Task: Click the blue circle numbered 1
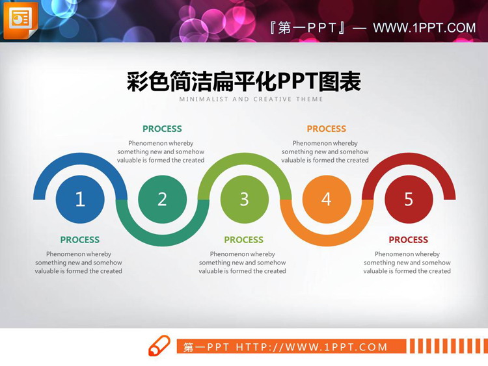click(80, 199)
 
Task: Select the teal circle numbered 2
click(162, 199)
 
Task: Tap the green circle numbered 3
click(244, 199)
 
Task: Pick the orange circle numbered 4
click(327, 199)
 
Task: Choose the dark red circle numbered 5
click(409, 199)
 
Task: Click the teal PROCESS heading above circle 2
click(162, 129)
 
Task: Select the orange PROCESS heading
click(327, 129)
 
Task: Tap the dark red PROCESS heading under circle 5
click(409, 240)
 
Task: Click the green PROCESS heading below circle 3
click(244, 240)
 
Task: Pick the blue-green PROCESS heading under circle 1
click(80, 240)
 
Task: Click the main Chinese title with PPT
click(243, 82)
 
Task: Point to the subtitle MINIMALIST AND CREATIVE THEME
click(251, 99)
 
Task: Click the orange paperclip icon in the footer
click(159, 346)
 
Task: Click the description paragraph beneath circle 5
click(407, 263)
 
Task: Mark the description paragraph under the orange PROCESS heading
click(325, 151)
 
